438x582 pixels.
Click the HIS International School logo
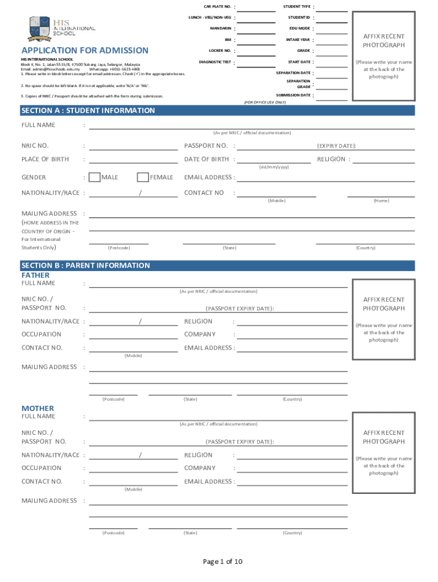coord(61,26)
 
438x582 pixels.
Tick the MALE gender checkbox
coord(95,177)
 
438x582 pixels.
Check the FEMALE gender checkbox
coord(143,177)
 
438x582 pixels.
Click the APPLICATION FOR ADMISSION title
coord(85,51)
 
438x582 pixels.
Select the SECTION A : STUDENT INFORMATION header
coord(88,110)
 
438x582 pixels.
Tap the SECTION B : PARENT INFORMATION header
coord(85,265)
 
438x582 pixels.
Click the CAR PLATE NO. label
coord(217,7)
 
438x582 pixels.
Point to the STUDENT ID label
coord(299,18)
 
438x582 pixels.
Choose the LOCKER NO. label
coord(220,51)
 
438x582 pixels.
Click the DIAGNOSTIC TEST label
coord(215,62)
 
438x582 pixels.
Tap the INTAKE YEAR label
coord(298,40)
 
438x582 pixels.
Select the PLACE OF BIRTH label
coord(45,159)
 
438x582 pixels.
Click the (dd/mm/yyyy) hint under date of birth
coord(274,167)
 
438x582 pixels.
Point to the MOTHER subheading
coord(38,408)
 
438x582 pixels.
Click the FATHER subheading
coord(35,275)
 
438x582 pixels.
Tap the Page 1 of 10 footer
coord(223,562)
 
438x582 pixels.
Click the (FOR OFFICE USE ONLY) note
coord(265,102)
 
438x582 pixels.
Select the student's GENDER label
coord(34,177)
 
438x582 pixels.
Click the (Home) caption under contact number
coord(381,201)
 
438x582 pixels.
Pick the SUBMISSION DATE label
coord(294,95)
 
